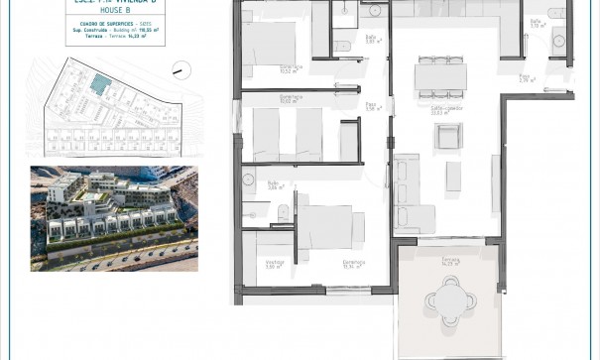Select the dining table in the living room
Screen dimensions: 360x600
[440, 75]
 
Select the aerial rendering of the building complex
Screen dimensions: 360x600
[114, 218]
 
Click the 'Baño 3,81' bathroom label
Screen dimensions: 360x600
[343, 40]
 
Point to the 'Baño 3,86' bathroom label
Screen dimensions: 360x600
[275, 184]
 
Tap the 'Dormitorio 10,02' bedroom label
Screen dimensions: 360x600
[291, 99]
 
